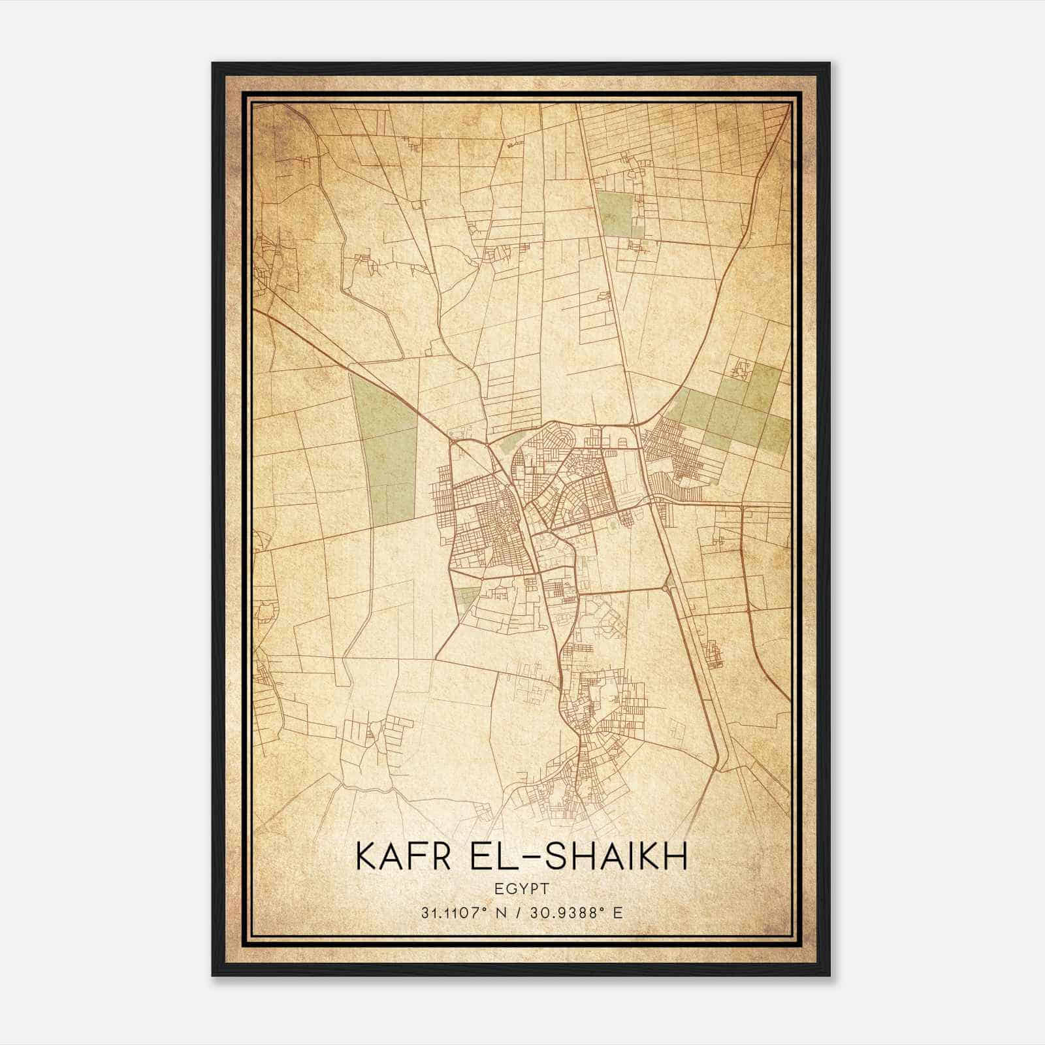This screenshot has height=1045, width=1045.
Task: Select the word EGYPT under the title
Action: pyautogui.click(x=522, y=889)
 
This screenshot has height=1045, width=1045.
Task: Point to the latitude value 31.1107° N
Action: pyautogui.click(x=464, y=912)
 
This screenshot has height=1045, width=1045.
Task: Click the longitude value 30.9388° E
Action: pyautogui.click(x=577, y=912)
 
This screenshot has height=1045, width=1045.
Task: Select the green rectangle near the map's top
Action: pyautogui.click(x=615, y=214)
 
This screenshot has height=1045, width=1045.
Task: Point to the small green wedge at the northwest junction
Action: pyautogui.click(x=506, y=443)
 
